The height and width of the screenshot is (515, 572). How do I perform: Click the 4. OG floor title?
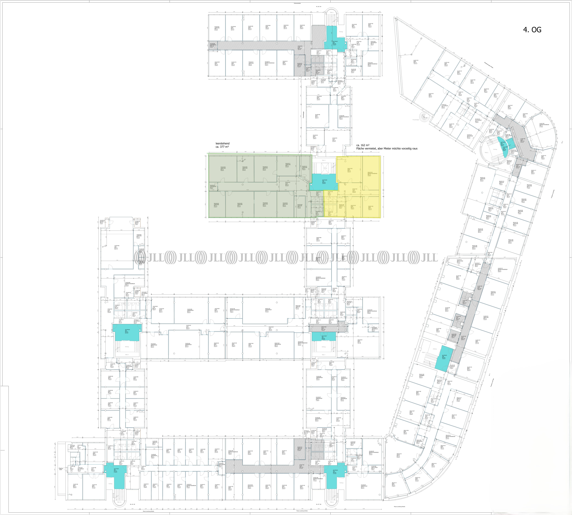(x=532, y=30)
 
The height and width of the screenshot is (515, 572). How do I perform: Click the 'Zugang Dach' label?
(x=61, y=469)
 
